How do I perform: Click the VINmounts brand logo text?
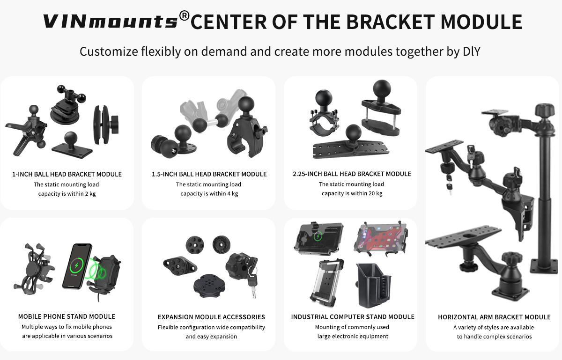point(110,22)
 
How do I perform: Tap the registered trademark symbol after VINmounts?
point(184,17)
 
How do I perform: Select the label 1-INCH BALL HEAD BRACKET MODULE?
point(67,174)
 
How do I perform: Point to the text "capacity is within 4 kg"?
point(209,194)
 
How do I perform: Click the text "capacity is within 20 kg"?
point(352,193)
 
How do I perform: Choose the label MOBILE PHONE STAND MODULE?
point(67,316)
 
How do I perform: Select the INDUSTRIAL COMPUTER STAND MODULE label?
point(353,317)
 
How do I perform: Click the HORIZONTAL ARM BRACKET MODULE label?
point(494,317)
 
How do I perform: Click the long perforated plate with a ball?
point(351,148)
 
